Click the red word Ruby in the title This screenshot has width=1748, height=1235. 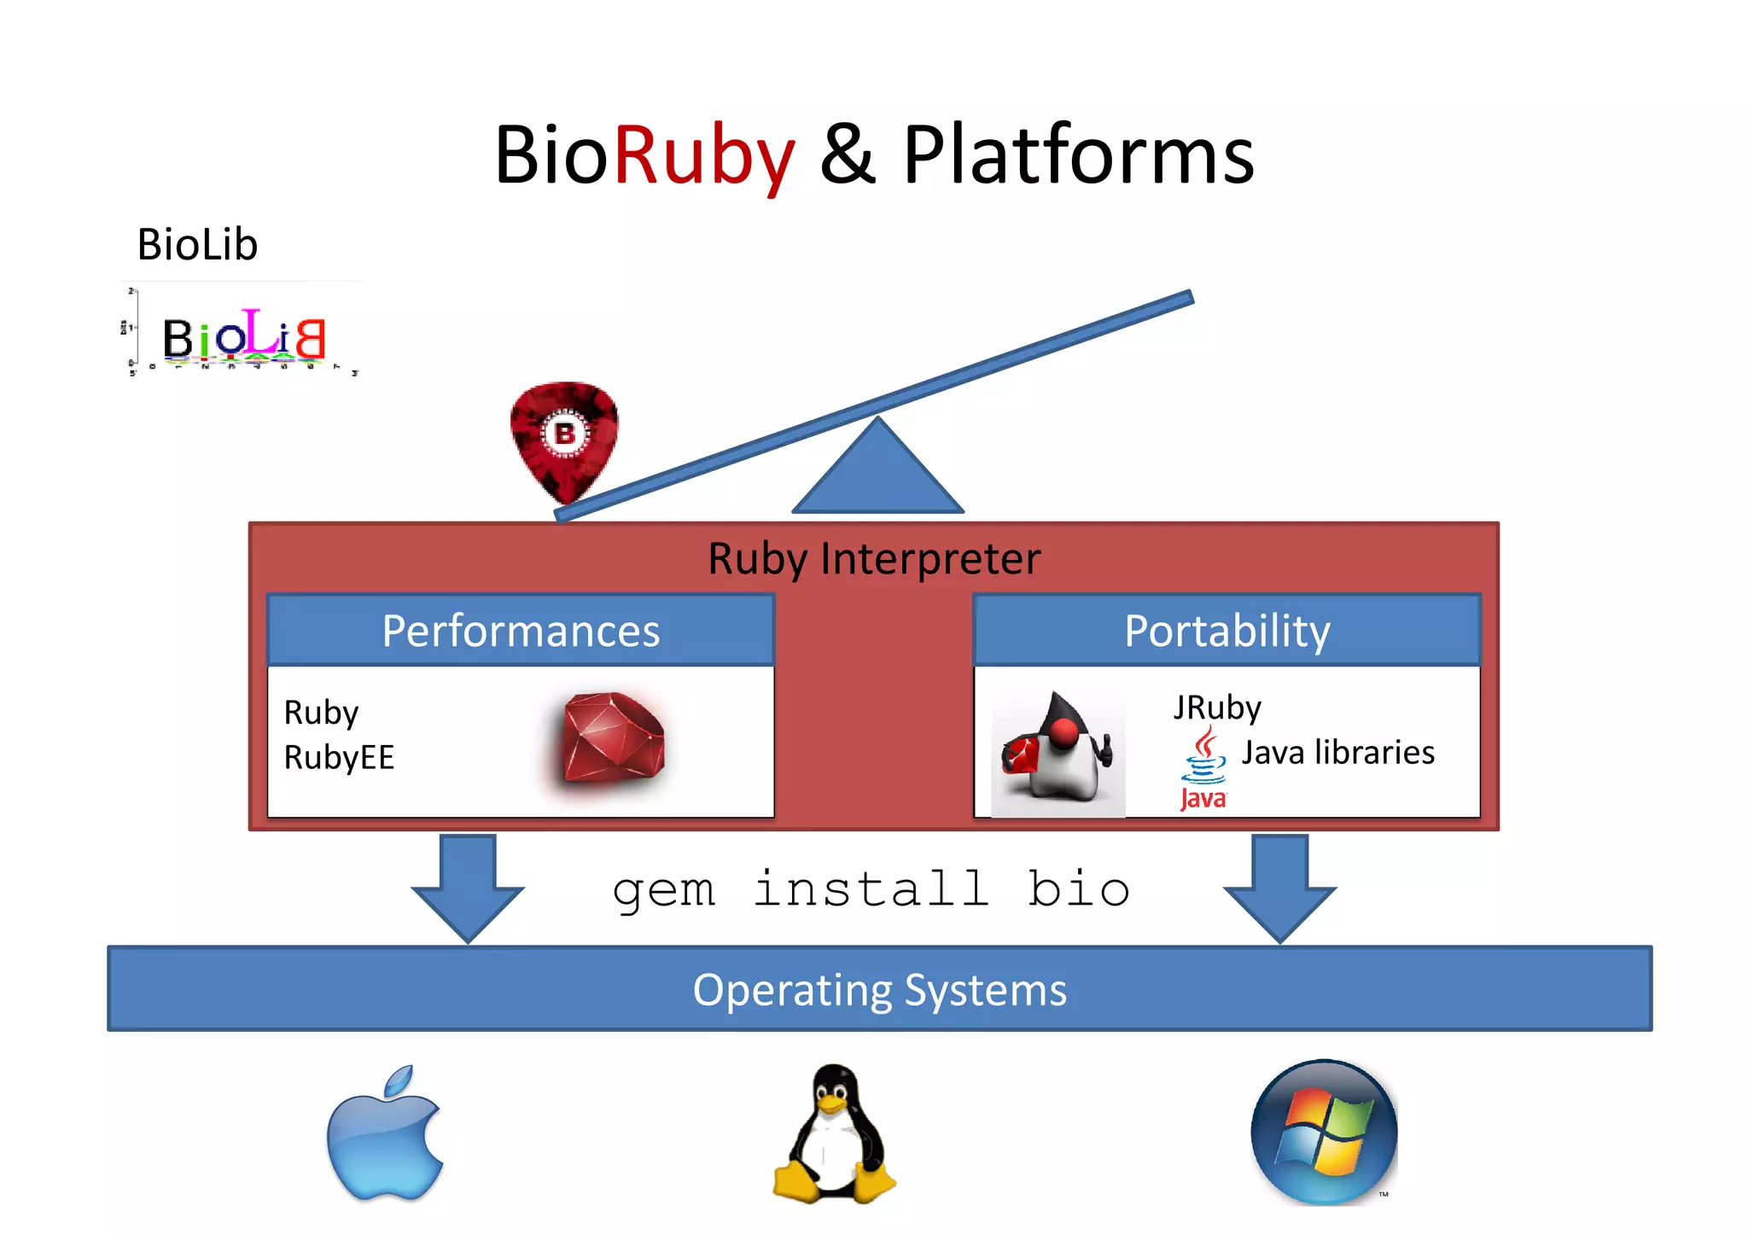point(703,156)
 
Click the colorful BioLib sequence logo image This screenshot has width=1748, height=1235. point(243,335)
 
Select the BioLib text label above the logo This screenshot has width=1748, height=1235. point(197,245)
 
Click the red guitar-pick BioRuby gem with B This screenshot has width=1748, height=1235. point(564,439)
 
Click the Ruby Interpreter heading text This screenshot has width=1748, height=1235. point(874,559)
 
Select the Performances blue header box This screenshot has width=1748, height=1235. point(521,631)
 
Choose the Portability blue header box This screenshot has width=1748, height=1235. point(1227,631)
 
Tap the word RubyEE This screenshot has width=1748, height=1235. point(339,758)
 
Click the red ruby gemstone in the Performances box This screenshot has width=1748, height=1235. point(614,737)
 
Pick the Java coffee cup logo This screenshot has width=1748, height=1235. point(1203,766)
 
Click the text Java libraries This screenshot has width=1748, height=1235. point(1337,753)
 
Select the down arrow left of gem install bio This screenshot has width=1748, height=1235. point(468,888)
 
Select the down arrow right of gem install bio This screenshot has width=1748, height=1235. point(1279,888)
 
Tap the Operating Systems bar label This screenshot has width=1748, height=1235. point(879,990)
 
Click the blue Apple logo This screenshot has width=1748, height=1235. point(385,1135)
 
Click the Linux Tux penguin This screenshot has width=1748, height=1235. point(834,1135)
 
